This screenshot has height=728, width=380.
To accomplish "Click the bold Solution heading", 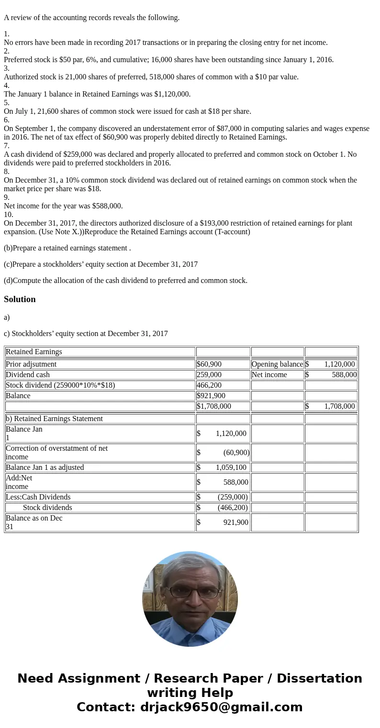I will pyautogui.click(x=20, y=299).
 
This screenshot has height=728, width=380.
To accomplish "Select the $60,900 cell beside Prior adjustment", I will pyautogui.click(x=209, y=364).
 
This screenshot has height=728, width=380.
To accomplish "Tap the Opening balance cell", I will pyautogui.click(x=277, y=364).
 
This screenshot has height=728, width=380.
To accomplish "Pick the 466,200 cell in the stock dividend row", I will pyautogui.click(x=209, y=385).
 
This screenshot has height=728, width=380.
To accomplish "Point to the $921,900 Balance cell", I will pyautogui.click(x=211, y=396).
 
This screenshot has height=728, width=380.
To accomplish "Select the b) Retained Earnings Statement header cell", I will pyautogui.click(x=54, y=419).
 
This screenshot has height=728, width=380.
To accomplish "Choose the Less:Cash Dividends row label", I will pyautogui.click(x=38, y=497).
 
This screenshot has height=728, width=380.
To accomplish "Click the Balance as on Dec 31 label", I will pyautogui.click(x=34, y=522).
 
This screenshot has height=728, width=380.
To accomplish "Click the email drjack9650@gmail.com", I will pyautogui.click(x=221, y=707).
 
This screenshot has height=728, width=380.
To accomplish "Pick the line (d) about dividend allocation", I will pyautogui.click(x=125, y=281).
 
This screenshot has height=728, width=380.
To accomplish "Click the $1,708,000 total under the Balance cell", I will pyautogui.click(x=214, y=406).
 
